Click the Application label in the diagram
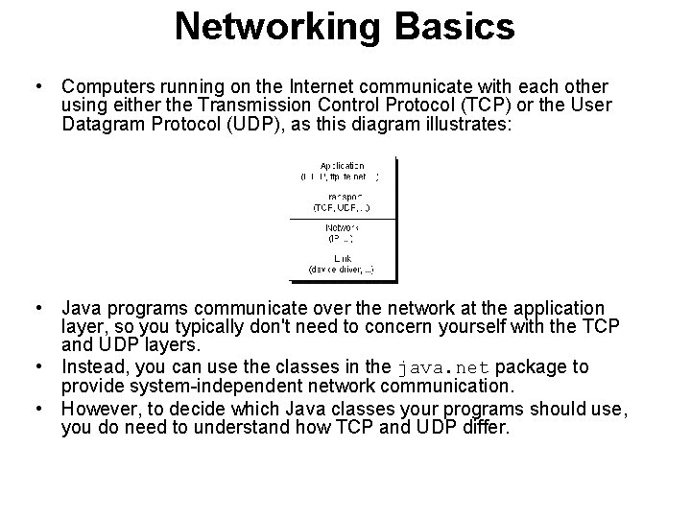(x=342, y=166)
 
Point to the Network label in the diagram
(x=343, y=226)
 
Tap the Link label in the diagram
(x=342, y=258)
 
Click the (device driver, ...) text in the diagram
(x=342, y=270)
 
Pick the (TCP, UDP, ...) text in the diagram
(x=342, y=206)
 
